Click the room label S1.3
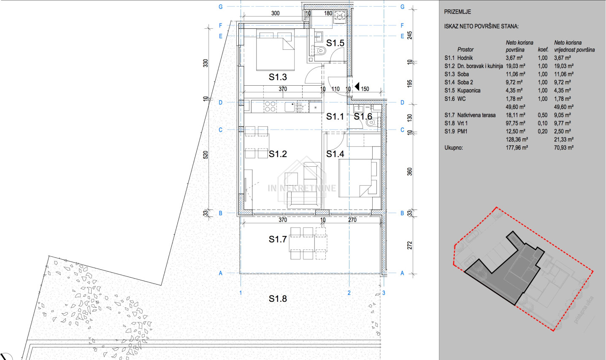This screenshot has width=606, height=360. coord(278,77)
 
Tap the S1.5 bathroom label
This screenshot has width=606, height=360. coord(335,43)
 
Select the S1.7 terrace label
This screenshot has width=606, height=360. coord(278,239)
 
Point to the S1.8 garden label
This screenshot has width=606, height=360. coord(278,299)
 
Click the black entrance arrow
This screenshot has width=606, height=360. coord(357,87)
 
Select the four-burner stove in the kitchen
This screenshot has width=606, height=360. coord(270,106)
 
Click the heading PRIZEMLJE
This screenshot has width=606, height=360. coord(457,12)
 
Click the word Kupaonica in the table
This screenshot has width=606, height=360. coord(469,91)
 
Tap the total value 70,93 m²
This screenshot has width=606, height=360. coord(564,148)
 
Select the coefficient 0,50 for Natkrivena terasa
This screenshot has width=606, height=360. coord(543,115)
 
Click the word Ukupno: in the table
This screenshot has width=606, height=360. coord(454,148)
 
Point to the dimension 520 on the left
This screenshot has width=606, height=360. coord(206,155)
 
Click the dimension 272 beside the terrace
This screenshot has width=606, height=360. coord(410,246)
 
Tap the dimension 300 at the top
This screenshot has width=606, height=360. coord(276,13)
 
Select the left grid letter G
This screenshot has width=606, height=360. coord(220,7)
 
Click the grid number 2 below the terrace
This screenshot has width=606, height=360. coord(349,293)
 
